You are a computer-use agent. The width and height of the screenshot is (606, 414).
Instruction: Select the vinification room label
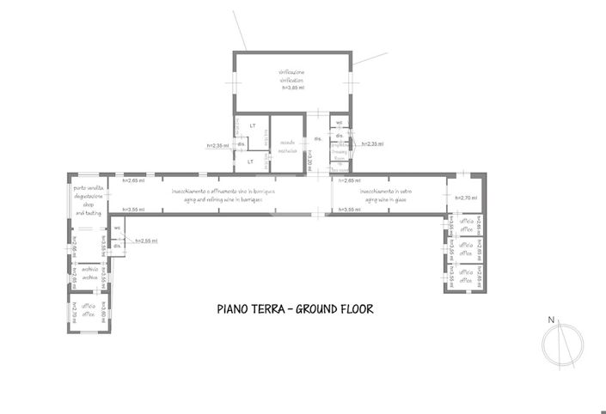tap(291, 76)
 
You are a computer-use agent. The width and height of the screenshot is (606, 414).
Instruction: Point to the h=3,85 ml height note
tap(291, 88)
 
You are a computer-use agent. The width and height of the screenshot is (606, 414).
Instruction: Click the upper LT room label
tap(253, 126)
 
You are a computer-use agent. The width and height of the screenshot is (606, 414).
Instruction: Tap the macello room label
tap(287, 146)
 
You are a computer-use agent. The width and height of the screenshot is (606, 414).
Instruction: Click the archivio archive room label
tap(89, 274)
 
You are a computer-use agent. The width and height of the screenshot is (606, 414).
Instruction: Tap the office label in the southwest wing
tap(89, 311)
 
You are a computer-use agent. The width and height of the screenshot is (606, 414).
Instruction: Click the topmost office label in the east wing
tap(465, 227)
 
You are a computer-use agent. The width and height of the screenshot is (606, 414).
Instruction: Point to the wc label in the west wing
tap(118, 228)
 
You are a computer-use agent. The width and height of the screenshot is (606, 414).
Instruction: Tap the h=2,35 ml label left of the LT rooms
tap(217, 146)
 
